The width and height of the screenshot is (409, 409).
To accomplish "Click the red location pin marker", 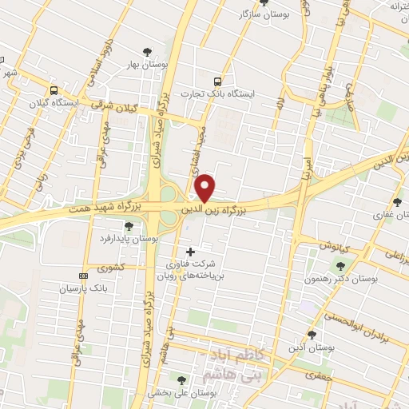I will pyautogui.click(x=205, y=188).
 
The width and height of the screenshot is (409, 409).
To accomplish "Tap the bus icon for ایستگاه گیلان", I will pyautogui.click(x=54, y=90).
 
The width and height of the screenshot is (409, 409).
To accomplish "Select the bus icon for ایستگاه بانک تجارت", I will pyautogui.click(x=217, y=81).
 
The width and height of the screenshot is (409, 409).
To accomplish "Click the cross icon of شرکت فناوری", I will pyautogui.click(x=189, y=252).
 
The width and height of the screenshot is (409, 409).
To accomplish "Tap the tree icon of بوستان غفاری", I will pyautogui.click(x=398, y=202).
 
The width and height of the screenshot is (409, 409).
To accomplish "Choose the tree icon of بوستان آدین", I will pyautogui.click(x=312, y=336).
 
